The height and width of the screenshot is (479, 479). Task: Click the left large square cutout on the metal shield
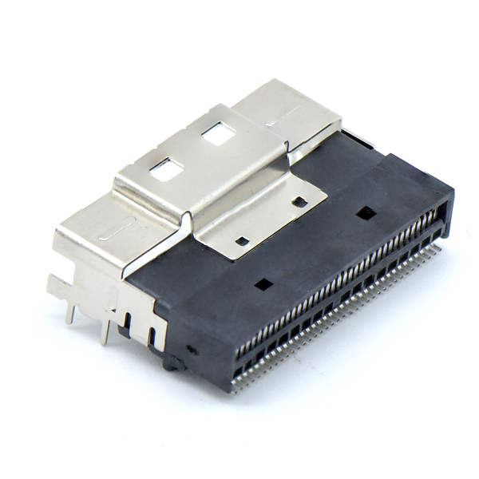click(x=166, y=169)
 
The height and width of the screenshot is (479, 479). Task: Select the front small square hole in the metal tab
click(x=241, y=240)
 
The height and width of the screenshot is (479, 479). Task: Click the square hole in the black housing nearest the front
click(x=263, y=283)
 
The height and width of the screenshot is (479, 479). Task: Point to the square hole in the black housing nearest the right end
click(x=366, y=213)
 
